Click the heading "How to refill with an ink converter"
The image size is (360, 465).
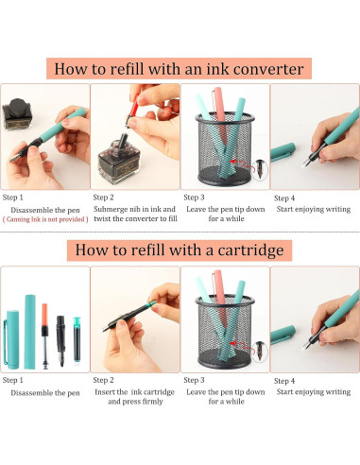[179, 69]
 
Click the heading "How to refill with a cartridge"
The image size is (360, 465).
[180, 250]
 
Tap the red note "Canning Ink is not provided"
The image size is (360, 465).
[45, 219]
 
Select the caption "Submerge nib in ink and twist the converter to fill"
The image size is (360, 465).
[135, 214]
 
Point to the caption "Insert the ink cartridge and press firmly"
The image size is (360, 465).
[135, 397]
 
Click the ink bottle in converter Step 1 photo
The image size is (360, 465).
[18, 114]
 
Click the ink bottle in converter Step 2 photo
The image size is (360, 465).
[119, 160]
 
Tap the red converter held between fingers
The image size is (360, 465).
[133, 111]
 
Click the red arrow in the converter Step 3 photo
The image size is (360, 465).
[242, 164]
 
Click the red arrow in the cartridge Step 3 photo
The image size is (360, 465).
[242, 347]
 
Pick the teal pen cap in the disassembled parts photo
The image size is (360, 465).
[11, 339]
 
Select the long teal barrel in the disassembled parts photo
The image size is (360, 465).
[30, 332]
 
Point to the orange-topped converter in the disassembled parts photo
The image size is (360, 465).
[45, 336]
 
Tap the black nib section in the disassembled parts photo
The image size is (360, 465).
[60, 341]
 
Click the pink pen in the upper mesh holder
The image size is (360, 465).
[220, 114]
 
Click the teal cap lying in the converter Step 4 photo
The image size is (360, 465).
[283, 151]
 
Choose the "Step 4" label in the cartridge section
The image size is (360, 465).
[284, 381]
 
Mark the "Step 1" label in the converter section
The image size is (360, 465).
[13, 198]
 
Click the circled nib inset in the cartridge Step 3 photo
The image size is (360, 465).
[260, 352]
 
